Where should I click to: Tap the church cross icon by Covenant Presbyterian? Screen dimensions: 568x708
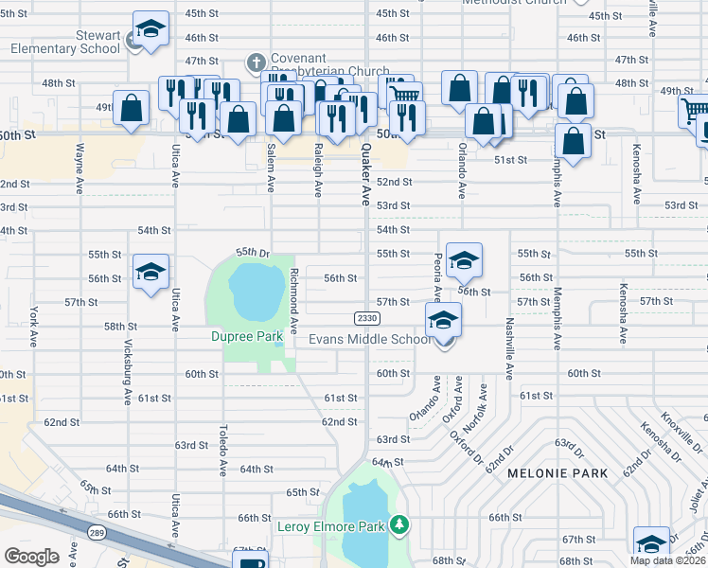pyautogui.click(x=254, y=63)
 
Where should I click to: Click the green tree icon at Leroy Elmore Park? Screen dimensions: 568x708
pyautogui.click(x=400, y=524)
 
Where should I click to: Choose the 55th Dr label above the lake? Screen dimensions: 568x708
pyautogui.click(x=253, y=253)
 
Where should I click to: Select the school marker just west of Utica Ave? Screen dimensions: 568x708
pyautogui.click(x=150, y=273)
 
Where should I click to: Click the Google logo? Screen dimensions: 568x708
pyautogui.click(x=31, y=556)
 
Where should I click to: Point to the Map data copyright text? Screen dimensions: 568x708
pyautogui.click(x=668, y=561)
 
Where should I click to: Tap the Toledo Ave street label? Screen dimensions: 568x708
pyautogui.click(x=223, y=450)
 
